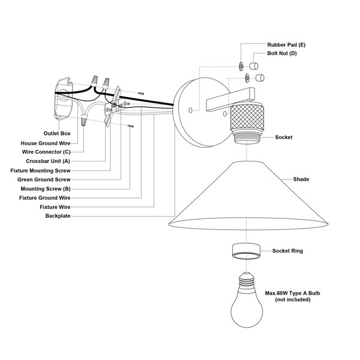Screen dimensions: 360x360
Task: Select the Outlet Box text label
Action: (x=56, y=133)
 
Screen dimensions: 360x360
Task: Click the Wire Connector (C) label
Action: (x=46, y=152)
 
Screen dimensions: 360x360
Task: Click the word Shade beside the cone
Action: (x=302, y=179)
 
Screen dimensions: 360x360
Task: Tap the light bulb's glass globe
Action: (x=246, y=310)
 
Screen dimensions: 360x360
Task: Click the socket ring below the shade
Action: (x=246, y=251)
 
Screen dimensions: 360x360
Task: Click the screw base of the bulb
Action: (x=246, y=281)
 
